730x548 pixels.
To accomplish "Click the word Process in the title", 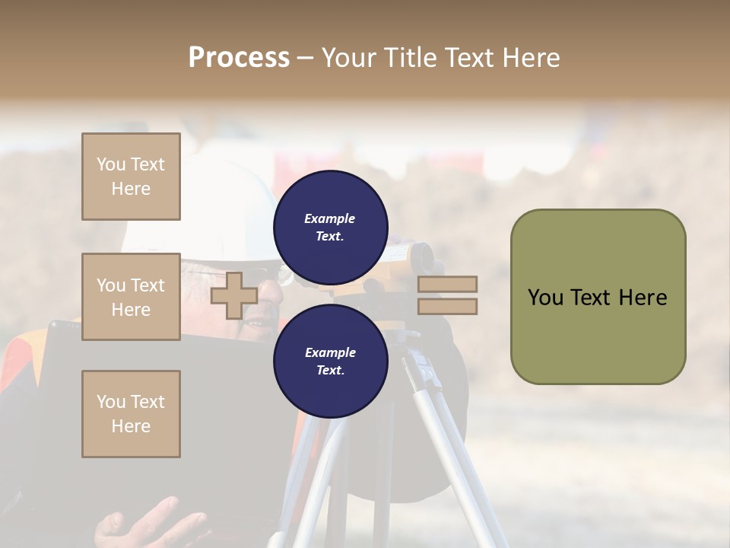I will point(239,58).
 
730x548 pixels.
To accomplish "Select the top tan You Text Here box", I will point(131,177).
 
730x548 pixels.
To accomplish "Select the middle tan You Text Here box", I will point(131,297).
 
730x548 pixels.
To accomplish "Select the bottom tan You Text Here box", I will point(131,413).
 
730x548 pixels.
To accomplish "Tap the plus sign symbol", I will point(233,295).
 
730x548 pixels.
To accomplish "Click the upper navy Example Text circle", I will point(330,228).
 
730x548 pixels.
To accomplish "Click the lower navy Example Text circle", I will point(330,362).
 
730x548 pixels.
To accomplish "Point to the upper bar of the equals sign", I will point(447,284).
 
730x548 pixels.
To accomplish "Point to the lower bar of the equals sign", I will point(447,306).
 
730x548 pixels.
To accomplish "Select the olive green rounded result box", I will point(598,297).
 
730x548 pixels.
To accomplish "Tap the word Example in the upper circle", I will point(329,218).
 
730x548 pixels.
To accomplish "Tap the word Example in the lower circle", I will point(330,352).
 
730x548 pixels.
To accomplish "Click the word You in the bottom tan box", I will point(111,402).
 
